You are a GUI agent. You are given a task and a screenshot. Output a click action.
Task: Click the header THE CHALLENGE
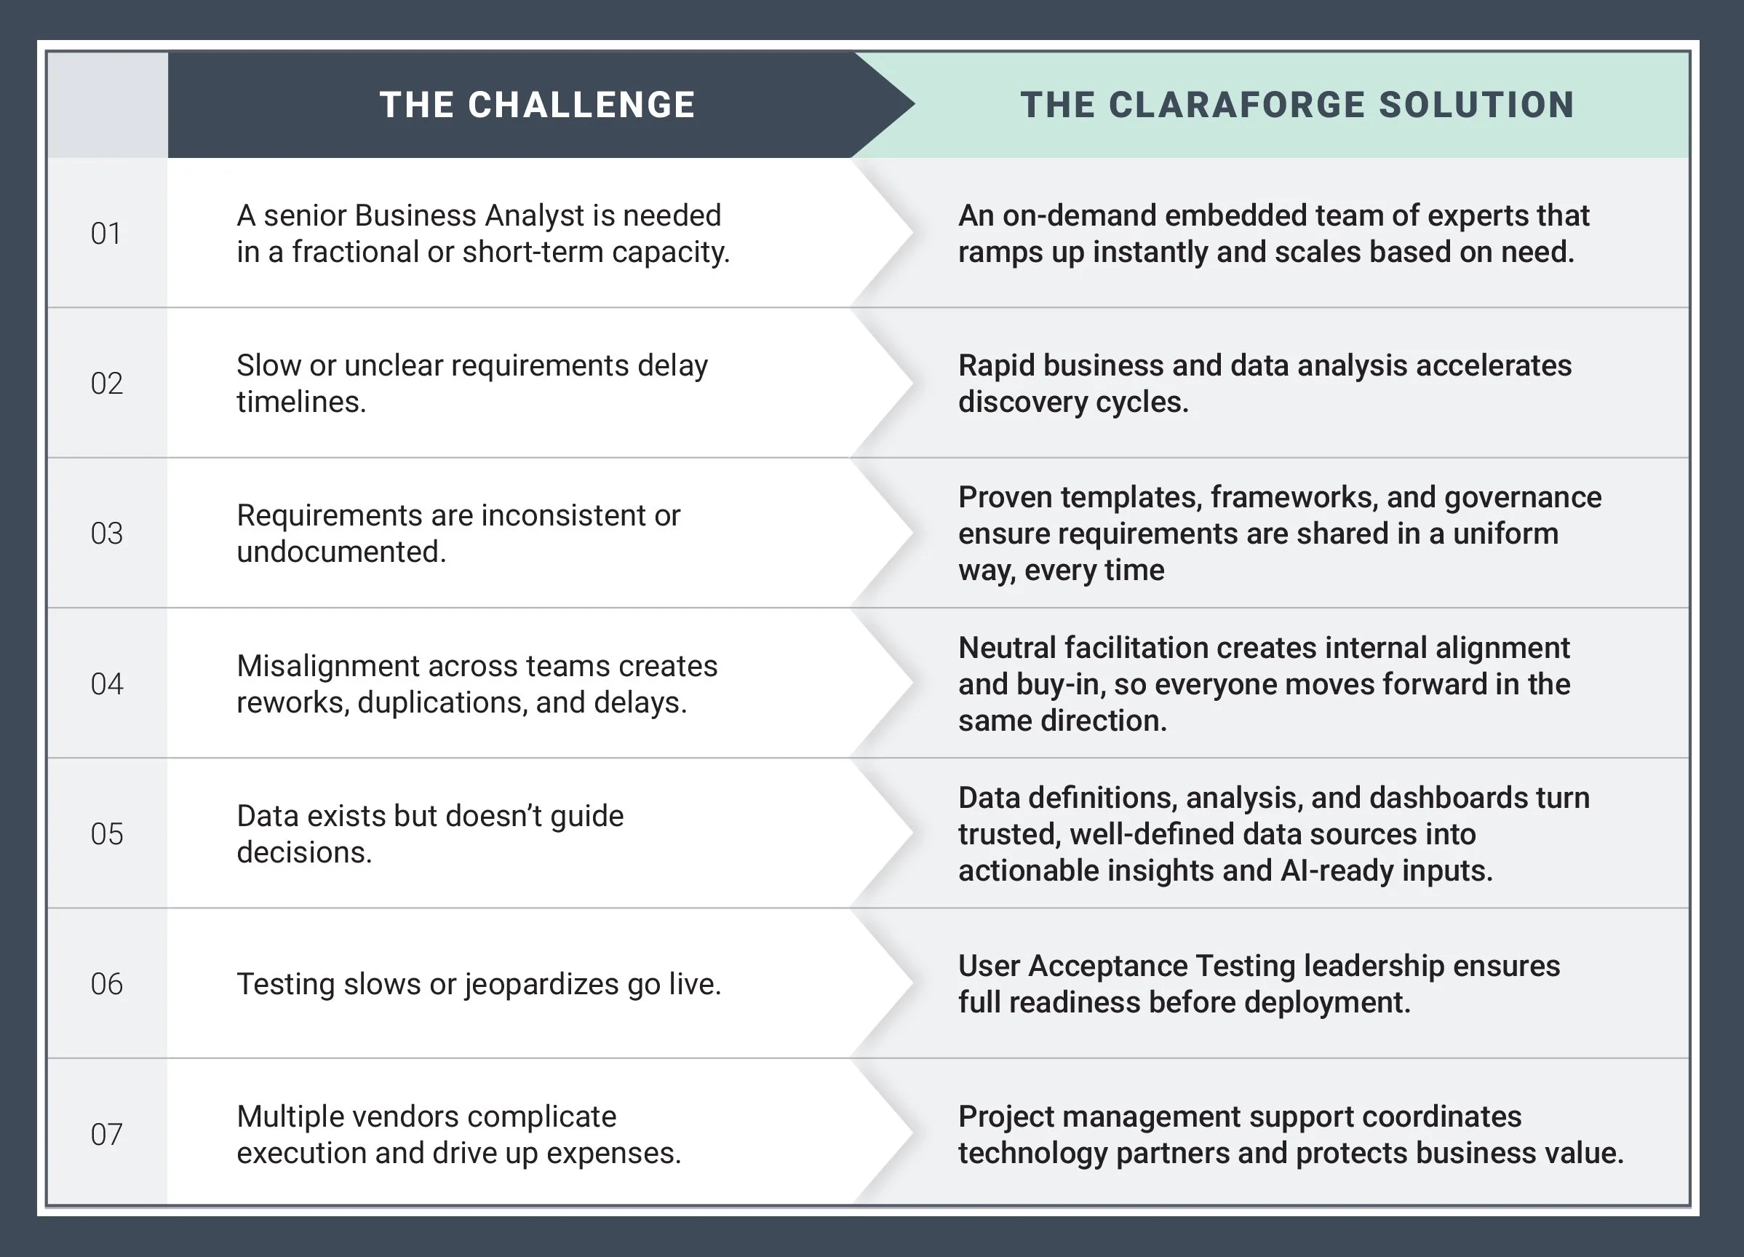(537, 105)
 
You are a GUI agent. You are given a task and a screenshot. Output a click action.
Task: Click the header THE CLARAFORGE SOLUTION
(1297, 105)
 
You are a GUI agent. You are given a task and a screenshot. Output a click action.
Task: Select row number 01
(106, 233)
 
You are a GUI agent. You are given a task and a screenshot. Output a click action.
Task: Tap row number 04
(106, 684)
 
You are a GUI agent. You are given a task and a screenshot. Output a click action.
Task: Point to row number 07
(106, 1134)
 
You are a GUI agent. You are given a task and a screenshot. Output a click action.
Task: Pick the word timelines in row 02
(300, 402)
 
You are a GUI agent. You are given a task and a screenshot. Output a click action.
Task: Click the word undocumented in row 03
(341, 552)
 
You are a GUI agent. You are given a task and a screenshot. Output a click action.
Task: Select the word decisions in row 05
(303, 852)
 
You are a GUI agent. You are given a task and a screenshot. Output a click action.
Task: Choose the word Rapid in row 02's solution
(998, 365)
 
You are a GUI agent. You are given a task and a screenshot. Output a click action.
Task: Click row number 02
(106, 383)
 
